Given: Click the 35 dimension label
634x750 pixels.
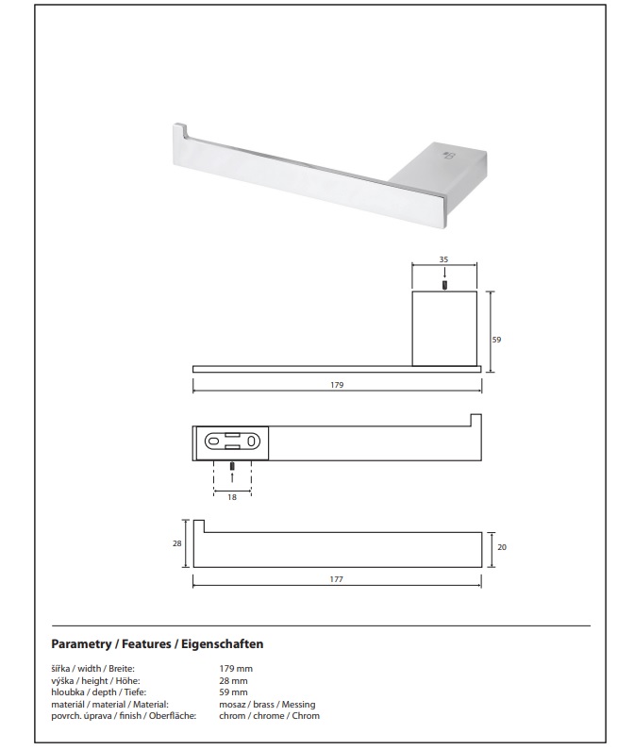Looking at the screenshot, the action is coord(443,259).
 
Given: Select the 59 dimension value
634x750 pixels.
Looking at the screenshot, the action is coord(496,340).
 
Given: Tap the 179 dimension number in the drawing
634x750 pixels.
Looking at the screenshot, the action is coord(337,385).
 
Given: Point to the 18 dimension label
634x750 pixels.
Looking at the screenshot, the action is coord(232,497).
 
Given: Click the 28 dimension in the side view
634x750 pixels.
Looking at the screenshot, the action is coord(177,543).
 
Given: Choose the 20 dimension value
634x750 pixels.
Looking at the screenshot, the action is coord(502,547).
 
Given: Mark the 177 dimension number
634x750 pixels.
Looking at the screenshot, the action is coord(337,579).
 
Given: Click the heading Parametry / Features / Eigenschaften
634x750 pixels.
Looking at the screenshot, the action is coord(158,643).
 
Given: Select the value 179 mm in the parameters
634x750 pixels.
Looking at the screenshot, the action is coord(236,669).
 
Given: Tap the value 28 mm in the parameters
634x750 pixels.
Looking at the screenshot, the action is coord(233,680).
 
